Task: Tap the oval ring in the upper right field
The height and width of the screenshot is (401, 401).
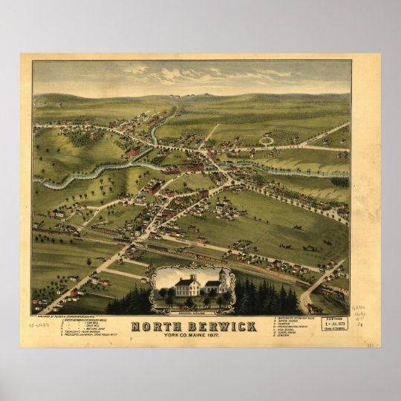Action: click(266, 140)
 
